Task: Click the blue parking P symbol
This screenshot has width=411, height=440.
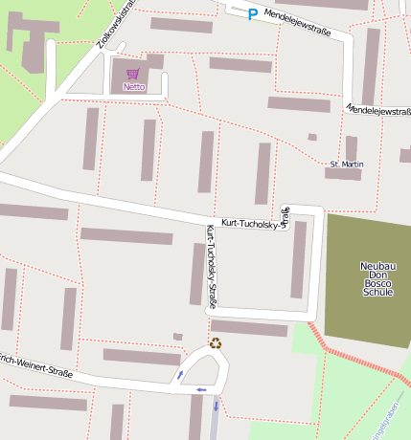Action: tap(253, 13)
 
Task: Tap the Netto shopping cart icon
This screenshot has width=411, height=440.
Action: tap(133, 74)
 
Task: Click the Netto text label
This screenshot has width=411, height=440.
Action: tap(134, 87)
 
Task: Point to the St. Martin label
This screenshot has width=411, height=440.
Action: tap(346, 165)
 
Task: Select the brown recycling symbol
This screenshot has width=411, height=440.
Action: tap(217, 343)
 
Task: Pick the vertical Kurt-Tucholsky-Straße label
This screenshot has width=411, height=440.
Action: tap(211, 267)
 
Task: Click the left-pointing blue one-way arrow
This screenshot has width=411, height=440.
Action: tap(200, 390)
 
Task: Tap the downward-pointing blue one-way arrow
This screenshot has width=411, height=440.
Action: tap(217, 407)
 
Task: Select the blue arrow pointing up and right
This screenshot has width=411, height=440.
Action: tap(179, 374)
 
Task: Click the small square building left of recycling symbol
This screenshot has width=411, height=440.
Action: tap(177, 337)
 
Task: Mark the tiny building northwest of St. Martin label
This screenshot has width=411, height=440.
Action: tap(312, 137)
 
